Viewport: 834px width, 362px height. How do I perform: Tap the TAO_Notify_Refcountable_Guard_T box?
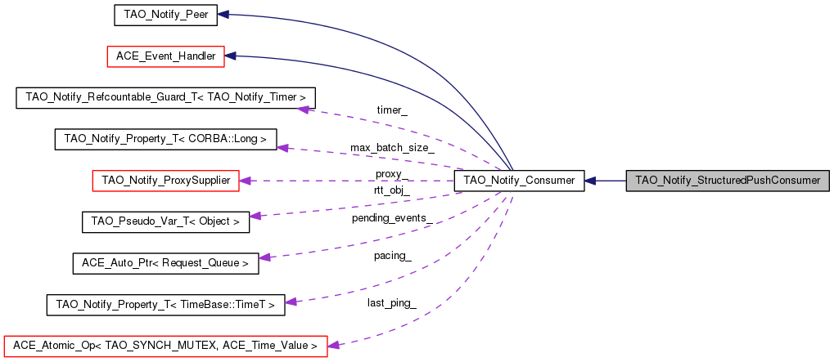tap(166, 97)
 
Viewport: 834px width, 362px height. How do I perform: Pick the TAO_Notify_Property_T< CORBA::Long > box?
tap(165, 139)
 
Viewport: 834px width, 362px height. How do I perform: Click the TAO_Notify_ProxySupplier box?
tap(166, 181)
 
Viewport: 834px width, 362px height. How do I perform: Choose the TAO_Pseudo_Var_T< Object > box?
tap(165, 221)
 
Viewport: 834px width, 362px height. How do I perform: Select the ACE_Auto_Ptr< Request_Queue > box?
tap(165, 263)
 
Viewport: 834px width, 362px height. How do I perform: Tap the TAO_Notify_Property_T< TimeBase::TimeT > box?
tap(165, 305)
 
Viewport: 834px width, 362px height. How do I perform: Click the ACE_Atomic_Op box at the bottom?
tap(165, 346)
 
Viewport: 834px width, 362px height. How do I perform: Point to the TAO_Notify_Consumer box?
tap(519, 181)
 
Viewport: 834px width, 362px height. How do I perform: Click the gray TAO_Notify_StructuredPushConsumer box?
tap(728, 181)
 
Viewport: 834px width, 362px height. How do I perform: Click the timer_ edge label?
tap(392, 109)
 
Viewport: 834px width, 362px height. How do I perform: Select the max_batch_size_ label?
tap(392, 148)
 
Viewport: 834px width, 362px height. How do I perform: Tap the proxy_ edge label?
tap(392, 175)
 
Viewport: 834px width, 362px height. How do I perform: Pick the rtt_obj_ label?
tap(392, 190)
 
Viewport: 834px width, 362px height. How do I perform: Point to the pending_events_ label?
tap(392, 218)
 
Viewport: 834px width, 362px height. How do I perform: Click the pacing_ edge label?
tap(392, 256)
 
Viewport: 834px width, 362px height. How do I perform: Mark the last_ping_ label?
tap(392, 303)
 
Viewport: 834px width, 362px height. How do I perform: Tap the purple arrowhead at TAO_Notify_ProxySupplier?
tap(244, 181)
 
